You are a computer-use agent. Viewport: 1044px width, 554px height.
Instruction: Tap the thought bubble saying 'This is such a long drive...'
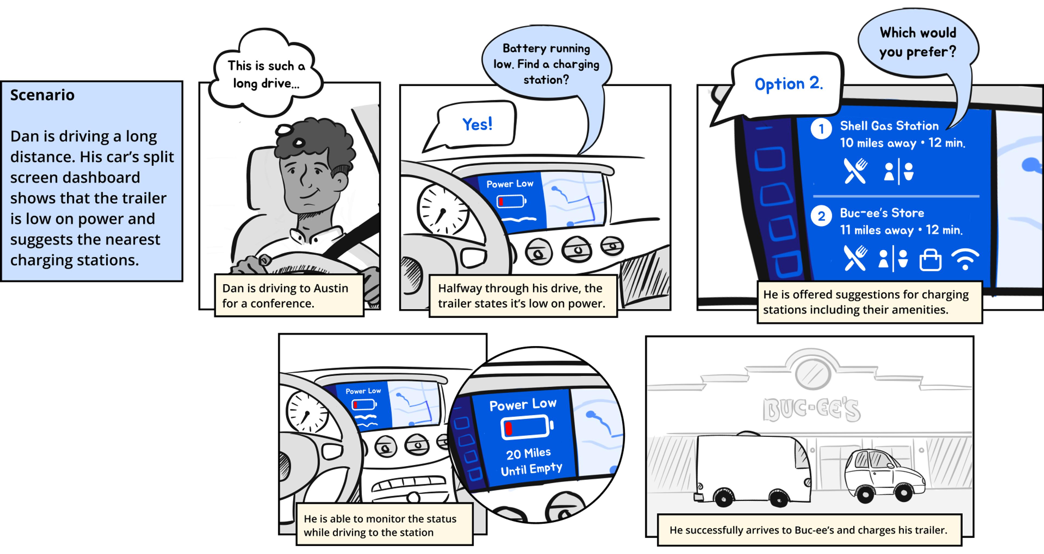(x=265, y=73)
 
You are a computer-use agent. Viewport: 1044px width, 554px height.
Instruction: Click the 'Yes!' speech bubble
(x=470, y=125)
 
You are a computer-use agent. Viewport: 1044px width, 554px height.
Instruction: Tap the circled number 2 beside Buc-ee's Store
(x=821, y=216)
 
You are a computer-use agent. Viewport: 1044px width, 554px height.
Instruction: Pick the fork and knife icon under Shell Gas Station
(x=855, y=171)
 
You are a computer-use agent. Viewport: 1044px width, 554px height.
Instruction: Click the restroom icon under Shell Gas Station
(x=899, y=171)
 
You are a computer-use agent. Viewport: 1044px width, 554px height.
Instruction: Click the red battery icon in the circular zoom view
(x=527, y=428)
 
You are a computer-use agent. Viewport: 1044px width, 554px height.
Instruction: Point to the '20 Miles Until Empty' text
(x=531, y=462)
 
